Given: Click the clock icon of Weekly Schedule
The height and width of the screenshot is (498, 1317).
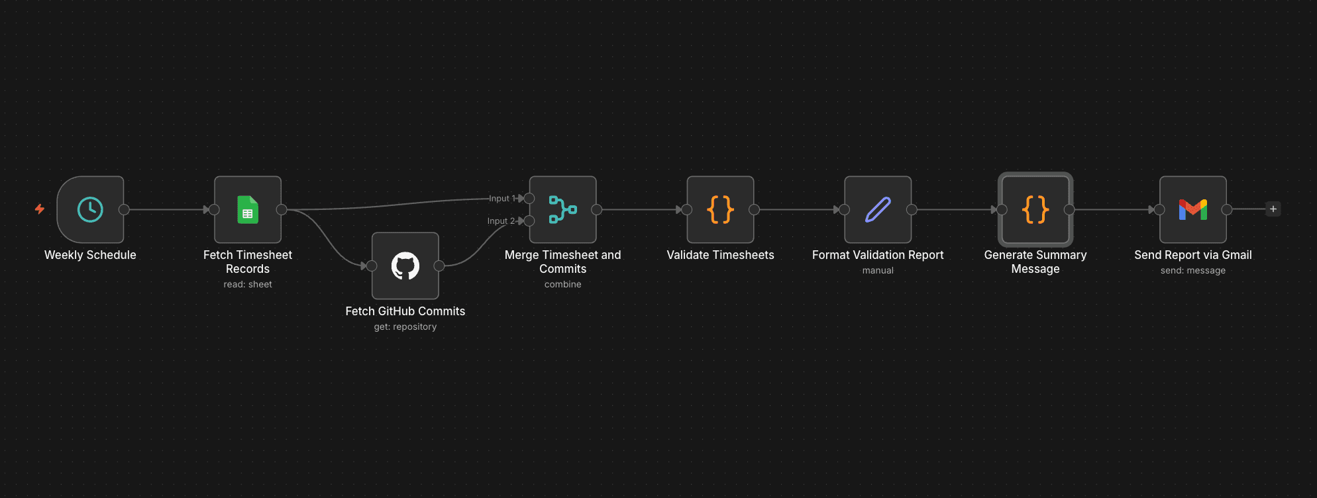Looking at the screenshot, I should [90, 210].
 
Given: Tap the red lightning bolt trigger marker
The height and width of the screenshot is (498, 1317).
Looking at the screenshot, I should [40, 209].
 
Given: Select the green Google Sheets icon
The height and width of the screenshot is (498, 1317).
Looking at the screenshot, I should [248, 210].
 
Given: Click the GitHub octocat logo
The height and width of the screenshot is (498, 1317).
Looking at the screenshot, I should [405, 266].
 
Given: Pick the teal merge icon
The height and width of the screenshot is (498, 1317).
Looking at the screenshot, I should [562, 210].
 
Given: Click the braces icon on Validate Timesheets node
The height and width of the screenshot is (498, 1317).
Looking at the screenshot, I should [720, 210].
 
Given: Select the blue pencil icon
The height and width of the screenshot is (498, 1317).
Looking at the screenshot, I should [878, 210].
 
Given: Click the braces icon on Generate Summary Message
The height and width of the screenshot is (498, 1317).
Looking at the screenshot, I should [1035, 210].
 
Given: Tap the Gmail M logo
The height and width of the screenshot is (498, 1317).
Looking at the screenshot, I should [1192, 210].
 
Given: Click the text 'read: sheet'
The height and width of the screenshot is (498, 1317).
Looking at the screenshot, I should [248, 284].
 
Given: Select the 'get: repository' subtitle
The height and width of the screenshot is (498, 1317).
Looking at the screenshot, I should [405, 326].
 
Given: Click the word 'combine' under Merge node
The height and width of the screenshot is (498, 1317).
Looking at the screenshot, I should [562, 284].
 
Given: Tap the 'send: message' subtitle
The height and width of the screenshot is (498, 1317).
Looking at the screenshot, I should [1192, 270].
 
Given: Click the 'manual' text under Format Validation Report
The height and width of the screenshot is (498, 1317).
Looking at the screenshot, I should [878, 270].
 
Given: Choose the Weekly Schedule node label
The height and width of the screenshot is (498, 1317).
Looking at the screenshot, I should [90, 255].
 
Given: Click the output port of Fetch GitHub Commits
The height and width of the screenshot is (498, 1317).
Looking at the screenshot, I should [439, 266].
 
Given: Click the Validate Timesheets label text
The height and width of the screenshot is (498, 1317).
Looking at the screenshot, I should [720, 255].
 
